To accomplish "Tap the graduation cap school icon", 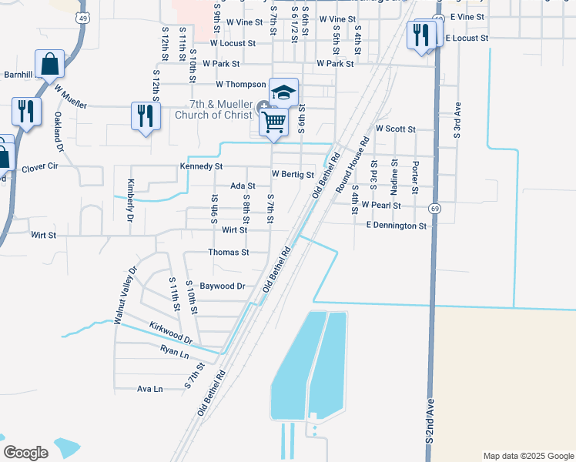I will pyautogui.click(x=283, y=92).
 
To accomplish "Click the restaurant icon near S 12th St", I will pyautogui.click(x=145, y=116).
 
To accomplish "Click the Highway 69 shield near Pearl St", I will pyautogui.click(x=436, y=209).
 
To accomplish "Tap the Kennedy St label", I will pyautogui.click(x=201, y=166).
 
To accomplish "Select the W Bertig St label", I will pyautogui.click(x=293, y=175).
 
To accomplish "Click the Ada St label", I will pyautogui.click(x=243, y=186).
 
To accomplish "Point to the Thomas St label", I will pyautogui.click(x=229, y=253).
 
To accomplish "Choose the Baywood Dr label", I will pyautogui.click(x=223, y=286).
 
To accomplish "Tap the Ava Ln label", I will pyautogui.click(x=149, y=389).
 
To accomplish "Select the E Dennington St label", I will pyautogui.click(x=396, y=226).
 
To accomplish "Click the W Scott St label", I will pyautogui.click(x=395, y=129).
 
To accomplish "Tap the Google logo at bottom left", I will pyautogui.click(x=25, y=453).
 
